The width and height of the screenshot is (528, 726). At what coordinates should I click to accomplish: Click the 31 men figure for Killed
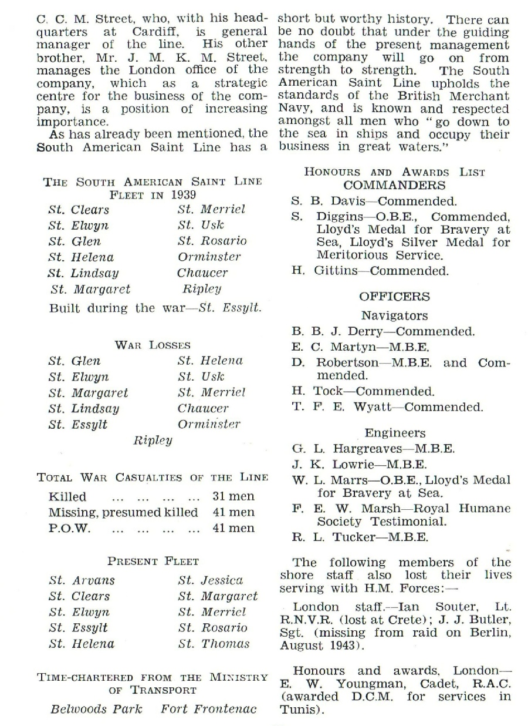pos(233,496)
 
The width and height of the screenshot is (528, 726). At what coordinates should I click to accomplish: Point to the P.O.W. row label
pos(69,528)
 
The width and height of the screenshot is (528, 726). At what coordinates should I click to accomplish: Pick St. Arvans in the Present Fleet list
pos(82,580)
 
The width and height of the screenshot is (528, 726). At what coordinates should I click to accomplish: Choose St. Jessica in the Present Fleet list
pos(210,580)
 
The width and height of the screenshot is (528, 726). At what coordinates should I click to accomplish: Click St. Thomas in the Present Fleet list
pos(214,644)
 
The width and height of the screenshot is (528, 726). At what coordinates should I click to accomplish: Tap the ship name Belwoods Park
pos(96,708)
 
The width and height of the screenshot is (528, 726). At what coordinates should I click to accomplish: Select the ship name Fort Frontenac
pos(209,708)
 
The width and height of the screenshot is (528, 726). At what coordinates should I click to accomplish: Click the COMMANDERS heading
pos(394,186)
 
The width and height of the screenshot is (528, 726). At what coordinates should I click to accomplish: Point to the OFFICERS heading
pos(394,297)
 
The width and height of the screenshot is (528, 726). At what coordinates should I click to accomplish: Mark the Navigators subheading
pos(394,315)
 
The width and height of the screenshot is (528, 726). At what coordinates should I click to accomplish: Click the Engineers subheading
pos(395,433)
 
